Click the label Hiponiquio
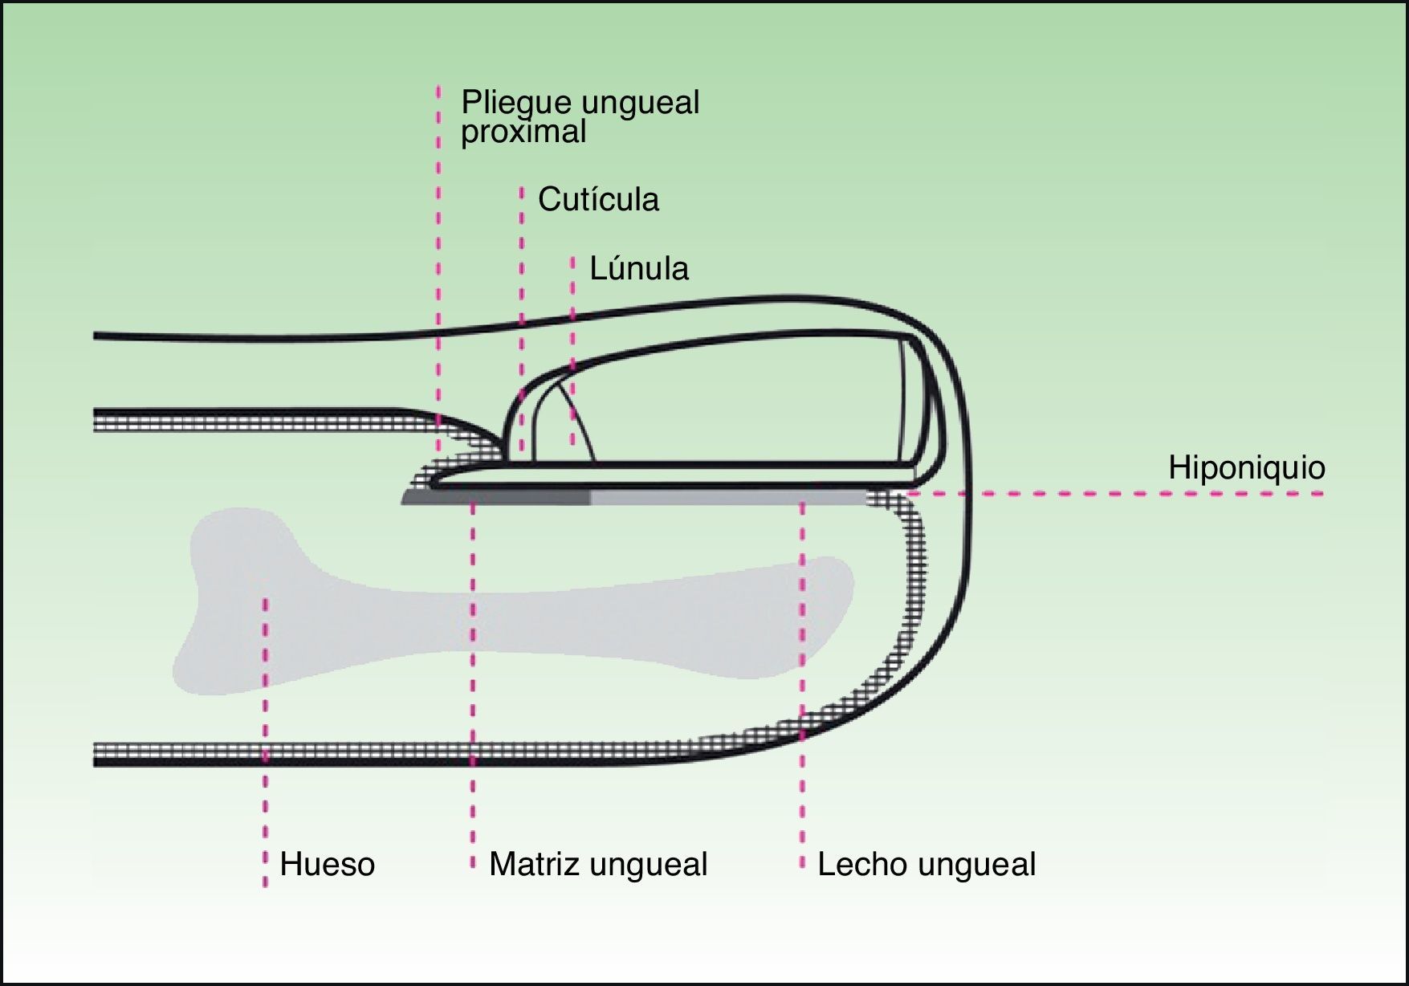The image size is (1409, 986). coord(1246,467)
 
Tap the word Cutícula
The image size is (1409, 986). coord(598,199)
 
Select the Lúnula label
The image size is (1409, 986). coord(639,268)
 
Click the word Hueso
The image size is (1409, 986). coord(327,865)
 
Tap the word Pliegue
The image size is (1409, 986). coord(515,103)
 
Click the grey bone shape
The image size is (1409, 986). coord(514,610)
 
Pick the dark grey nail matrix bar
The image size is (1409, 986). coord(498,499)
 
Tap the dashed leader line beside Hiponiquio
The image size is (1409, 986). coord(1124,493)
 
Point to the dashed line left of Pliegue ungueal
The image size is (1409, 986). coord(438,241)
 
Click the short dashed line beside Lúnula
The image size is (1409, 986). coord(573,321)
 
